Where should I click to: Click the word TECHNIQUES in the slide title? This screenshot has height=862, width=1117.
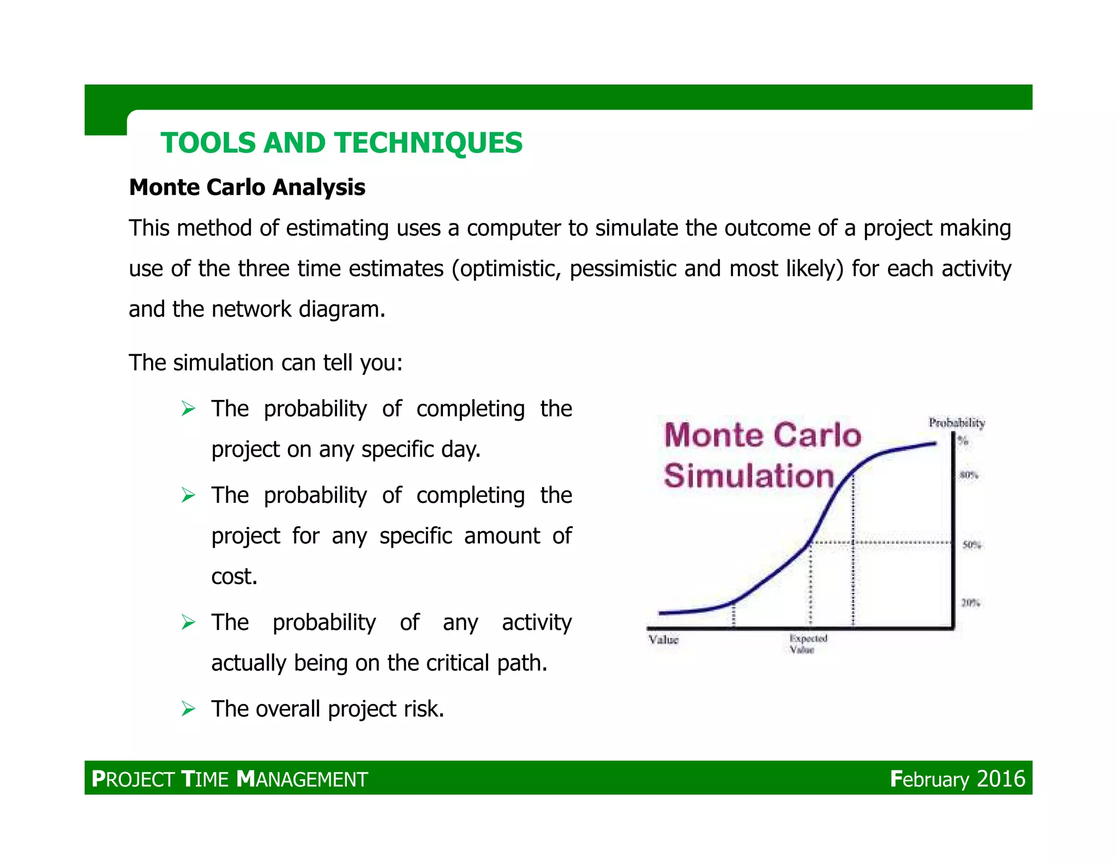click(429, 143)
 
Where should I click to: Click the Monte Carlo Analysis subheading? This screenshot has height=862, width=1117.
click(247, 187)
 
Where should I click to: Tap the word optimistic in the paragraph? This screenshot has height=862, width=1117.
click(509, 269)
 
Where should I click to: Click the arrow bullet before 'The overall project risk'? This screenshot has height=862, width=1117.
click(188, 709)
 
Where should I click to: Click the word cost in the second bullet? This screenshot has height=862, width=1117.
click(233, 576)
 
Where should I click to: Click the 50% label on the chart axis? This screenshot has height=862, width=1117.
click(972, 544)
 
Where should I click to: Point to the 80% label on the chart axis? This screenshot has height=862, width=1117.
click(969, 475)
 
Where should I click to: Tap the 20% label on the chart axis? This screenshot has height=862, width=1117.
click(970, 603)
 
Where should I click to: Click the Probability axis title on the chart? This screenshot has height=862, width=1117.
click(957, 423)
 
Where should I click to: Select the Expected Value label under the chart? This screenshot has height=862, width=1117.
click(808, 644)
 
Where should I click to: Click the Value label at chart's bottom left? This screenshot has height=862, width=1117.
click(663, 640)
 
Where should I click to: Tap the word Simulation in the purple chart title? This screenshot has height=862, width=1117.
click(749, 476)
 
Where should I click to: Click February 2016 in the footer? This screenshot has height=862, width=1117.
click(958, 779)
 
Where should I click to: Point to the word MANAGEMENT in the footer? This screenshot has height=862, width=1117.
click(303, 779)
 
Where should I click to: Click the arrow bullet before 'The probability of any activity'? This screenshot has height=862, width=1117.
click(188, 622)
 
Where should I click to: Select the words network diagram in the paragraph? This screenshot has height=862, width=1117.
click(298, 309)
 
